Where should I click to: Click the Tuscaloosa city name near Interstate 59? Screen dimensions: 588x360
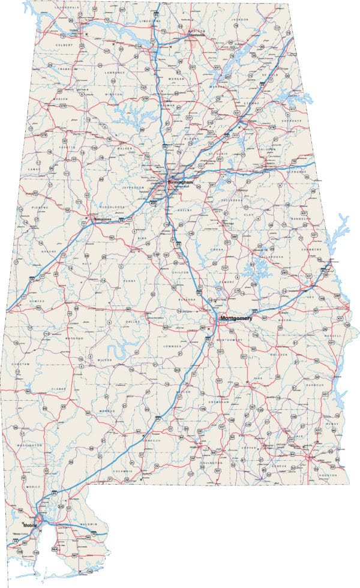click(106, 220)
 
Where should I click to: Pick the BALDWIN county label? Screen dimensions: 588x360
click(88, 524)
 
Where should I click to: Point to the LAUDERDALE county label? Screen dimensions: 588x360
click(66, 8)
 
